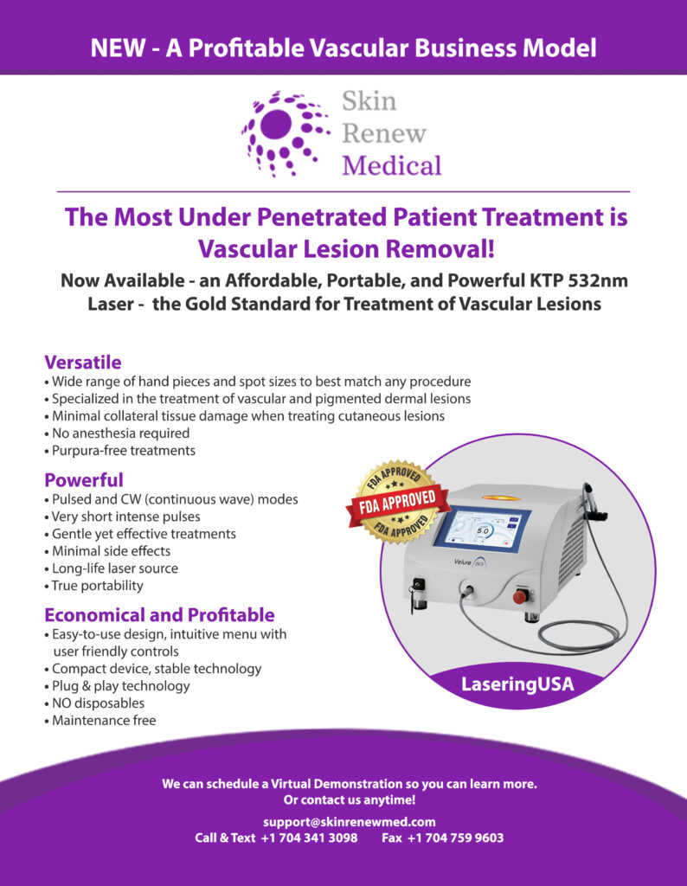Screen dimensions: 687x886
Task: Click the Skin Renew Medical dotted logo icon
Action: [286, 133]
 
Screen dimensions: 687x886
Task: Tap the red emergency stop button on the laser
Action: [520, 596]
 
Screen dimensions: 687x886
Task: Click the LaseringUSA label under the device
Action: [517, 684]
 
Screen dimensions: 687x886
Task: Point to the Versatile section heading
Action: [83, 363]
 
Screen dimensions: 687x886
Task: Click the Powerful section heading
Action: [84, 479]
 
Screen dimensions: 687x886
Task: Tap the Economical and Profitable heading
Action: [159, 615]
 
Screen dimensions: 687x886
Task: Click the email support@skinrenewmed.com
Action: [350, 822]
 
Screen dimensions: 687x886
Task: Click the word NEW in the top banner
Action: [117, 48]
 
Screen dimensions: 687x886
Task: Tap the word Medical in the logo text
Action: [392, 165]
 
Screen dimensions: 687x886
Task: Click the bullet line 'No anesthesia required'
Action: [117, 433]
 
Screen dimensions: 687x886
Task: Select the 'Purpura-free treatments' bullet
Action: [119, 450]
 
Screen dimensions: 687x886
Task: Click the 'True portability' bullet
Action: [93, 586]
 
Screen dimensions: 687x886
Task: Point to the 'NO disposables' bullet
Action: [94, 703]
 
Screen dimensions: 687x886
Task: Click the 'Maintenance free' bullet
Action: [100, 721]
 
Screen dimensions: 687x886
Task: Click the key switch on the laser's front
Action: [419, 589]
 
